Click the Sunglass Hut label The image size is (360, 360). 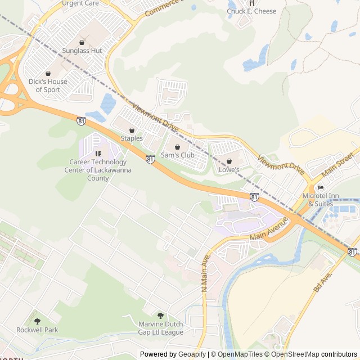coord(82,51)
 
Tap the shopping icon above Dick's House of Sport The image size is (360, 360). coord(48,73)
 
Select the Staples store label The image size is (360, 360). coord(132,138)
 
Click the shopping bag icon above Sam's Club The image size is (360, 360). coord(177,147)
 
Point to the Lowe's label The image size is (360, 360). coord(229,169)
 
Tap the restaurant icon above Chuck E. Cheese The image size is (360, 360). coord(251,3)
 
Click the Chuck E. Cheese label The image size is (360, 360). coord(251,11)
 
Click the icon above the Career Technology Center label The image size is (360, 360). coord(98,153)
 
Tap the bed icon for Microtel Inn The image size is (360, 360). coord(321,187)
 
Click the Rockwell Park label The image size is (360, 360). coord(37,330)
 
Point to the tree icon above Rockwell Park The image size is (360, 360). coord(37,321)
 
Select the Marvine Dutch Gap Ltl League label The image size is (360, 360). coord(161,328)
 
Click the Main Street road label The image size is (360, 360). coord(338,163)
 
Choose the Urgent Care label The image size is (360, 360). coord(80,3)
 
